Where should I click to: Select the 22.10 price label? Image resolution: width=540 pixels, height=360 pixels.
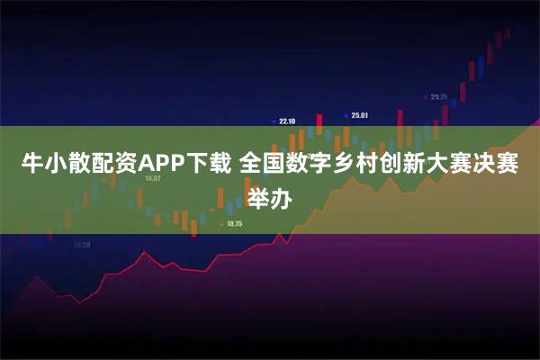(287, 121)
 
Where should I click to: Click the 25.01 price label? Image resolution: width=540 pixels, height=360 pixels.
(360, 115)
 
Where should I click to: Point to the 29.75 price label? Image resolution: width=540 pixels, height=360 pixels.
(439, 96)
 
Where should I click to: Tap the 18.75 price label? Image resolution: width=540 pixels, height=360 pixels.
(235, 223)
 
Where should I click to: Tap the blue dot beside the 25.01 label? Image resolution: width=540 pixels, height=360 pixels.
(346, 115)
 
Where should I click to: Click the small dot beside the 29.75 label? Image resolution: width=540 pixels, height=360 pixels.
(426, 96)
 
